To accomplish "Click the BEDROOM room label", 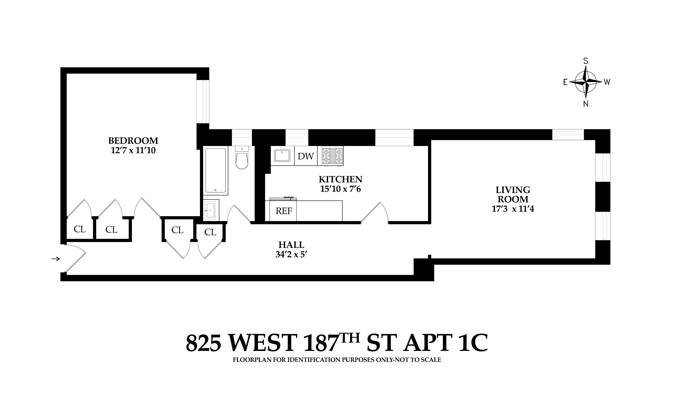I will tap(133, 141).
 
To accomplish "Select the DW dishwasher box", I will tap(306, 156).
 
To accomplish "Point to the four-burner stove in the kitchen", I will tap(332, 156).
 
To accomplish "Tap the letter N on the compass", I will tap(586, 104).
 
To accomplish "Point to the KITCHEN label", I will tap(340, 180).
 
